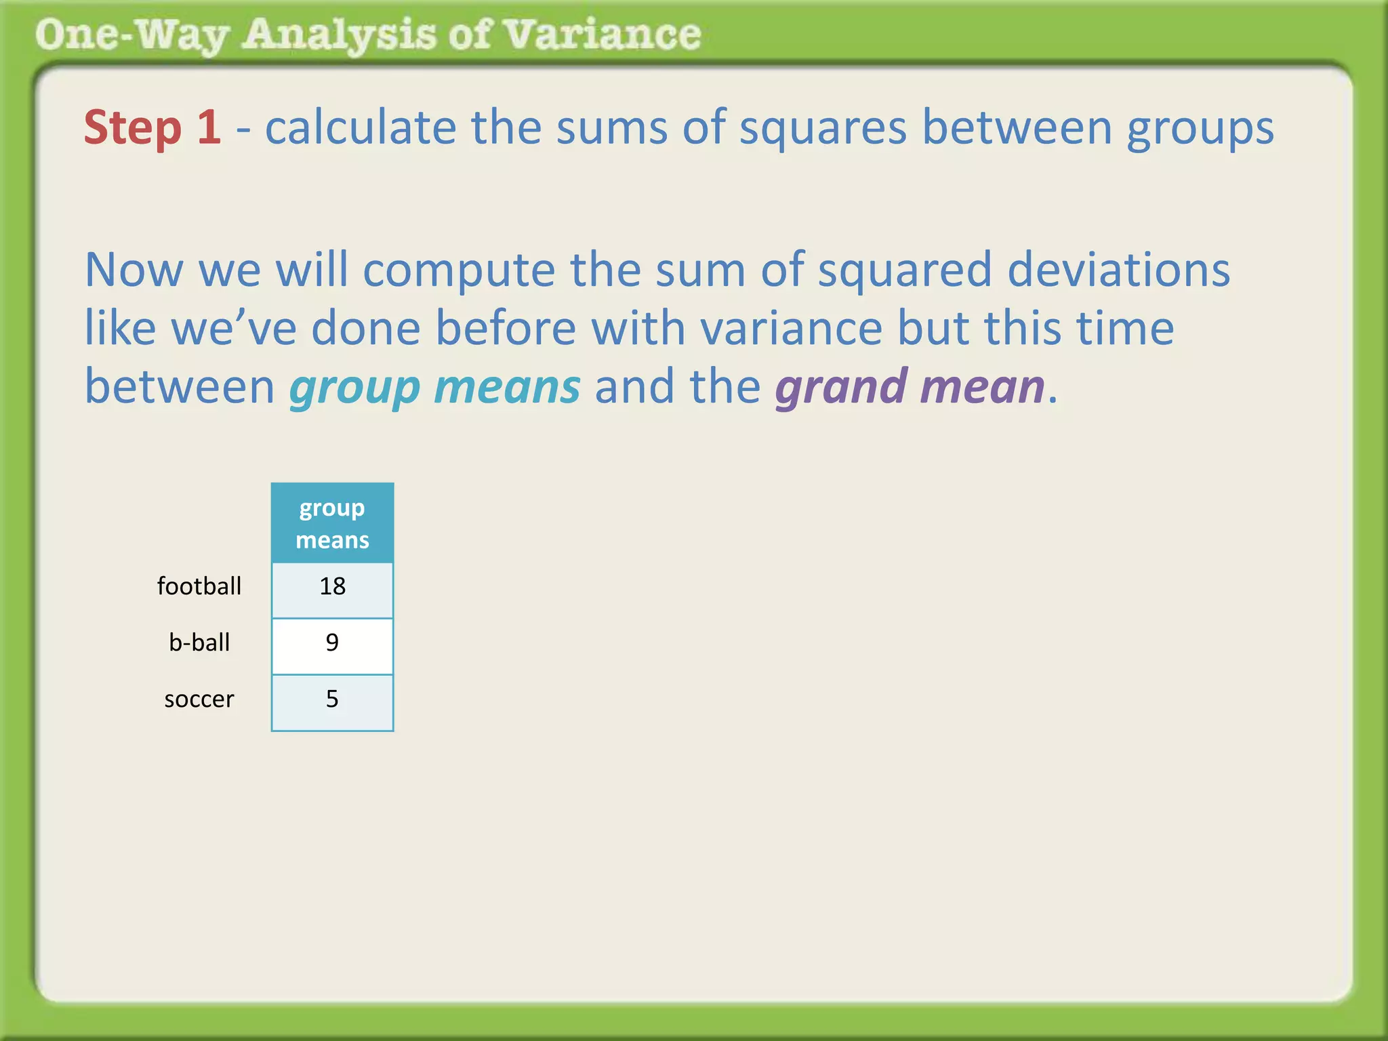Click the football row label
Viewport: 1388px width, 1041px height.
199,586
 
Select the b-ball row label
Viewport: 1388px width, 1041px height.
199,642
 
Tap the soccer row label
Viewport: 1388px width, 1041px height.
199,699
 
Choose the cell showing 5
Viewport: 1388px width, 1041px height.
332,699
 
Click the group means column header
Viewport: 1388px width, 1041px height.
332,523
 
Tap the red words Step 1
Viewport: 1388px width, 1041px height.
152,127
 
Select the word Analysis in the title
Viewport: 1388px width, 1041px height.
339,35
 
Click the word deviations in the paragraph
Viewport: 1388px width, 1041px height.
1118,270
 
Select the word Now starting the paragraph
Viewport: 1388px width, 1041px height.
134,270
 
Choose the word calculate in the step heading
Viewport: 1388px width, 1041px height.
360,127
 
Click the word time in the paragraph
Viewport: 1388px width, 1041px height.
1125,329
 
